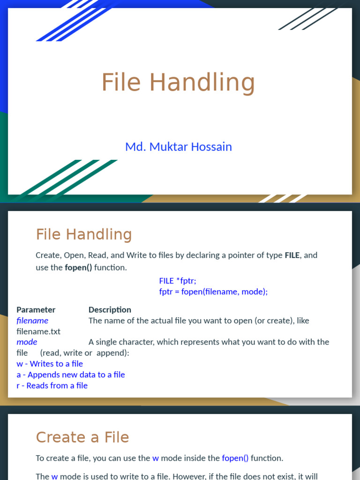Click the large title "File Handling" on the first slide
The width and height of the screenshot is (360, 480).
pyautogui.click(x=178, y=82)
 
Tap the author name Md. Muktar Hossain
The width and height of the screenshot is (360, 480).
pyautogui.click(x=178, y=147)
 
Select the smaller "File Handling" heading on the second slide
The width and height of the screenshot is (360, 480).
pyautogui.click(x=84, y=234)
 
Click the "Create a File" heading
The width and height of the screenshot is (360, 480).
pyautogui.click(x=82, y=437)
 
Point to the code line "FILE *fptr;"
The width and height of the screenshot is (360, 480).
pyautogui.click(x=178, y=281)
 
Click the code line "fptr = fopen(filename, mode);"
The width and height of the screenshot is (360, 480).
pyautogui.click(x=213, y=292)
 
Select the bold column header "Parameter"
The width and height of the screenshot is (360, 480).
pyautogui.click(x=36, y=310)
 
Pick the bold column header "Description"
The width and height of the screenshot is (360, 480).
pyautogui.click(x=110, y=310)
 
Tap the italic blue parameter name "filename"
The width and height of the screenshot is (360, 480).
pyautogui.click(x=32, y=321)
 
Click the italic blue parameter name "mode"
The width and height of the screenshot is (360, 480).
pyautogui.click(x=27, y=342)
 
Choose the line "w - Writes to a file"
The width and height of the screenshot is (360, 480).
pyautogui.click(x=50, y=364)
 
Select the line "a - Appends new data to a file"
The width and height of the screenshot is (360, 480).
pyautogui.click(x=71, y=375)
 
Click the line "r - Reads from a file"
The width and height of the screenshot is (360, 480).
pyautogui.click(x=52, y=386)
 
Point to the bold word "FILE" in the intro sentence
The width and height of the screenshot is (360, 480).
pyautogui.click(x=292, y=255)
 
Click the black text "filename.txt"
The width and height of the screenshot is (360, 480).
pyautogui.click(x=38, y=331)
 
